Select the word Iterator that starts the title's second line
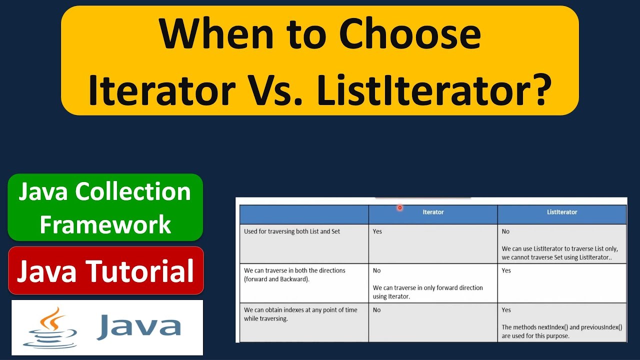[161, 90]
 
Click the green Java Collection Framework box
[105, 207]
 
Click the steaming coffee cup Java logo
[50, 327]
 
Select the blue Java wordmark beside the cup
[139, 326]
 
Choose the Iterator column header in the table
[433, 212]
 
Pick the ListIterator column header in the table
[562, 212]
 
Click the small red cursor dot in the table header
[400, 207]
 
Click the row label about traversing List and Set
[292, 231]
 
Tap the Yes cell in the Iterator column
[377, 231]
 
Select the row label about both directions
[294, 274]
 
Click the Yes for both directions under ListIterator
[506, 270]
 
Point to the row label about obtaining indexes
[300, 314]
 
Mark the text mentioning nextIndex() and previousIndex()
[561, 331]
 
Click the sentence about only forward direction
[427, 292]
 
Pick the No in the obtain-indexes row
[376, 310]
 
